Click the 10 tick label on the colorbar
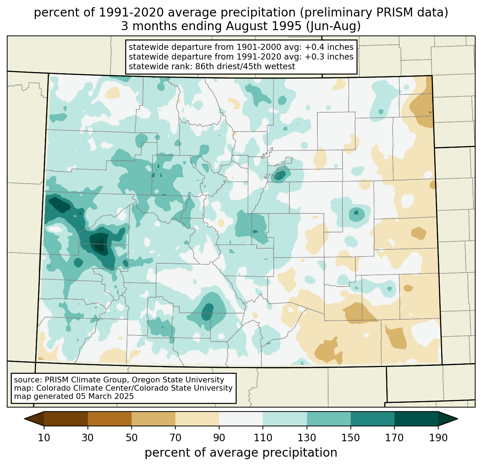click(44, 438)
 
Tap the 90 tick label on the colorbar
click(219, 438)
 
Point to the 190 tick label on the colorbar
click(438, 438)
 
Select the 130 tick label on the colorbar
click(307, 438)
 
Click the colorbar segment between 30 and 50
click(110, 419)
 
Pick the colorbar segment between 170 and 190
click(416, 419)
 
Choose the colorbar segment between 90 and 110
click(241, 419)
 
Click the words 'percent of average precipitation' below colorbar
click(241, 453)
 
